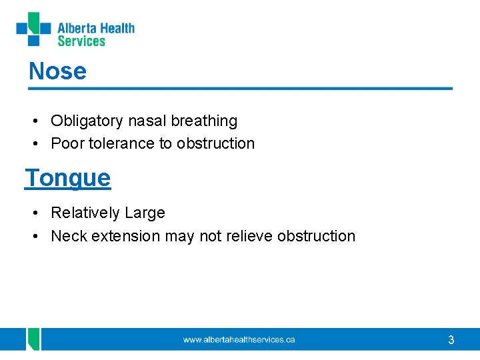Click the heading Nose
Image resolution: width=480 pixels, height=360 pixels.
click(57, 71)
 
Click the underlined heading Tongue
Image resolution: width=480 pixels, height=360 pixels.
click(67, 178)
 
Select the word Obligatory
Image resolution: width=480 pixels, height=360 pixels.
click(87, 121)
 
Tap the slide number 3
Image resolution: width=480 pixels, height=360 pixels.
click(451, 340)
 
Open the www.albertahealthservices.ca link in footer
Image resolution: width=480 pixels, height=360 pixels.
click(239, 340)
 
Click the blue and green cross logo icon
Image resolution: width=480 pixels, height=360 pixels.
click(33, 29)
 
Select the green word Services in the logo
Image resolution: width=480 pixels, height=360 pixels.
click(81, 41)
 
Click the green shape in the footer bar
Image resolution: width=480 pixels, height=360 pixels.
click(33, 339)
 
